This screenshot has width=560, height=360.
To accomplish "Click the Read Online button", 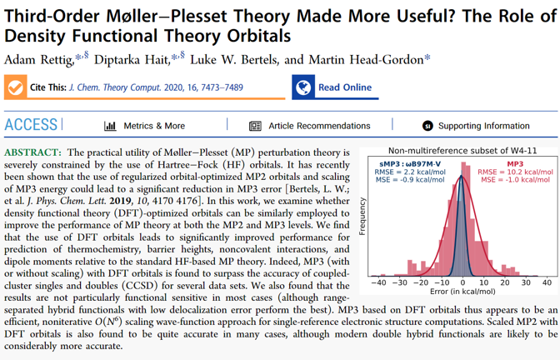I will point(332,87).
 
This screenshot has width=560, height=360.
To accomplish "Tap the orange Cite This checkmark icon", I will point(15,87).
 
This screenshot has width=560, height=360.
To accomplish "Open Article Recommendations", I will point(309,126).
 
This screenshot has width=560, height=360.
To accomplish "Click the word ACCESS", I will point(31,125).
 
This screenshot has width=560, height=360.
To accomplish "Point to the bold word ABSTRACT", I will point(32,153).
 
